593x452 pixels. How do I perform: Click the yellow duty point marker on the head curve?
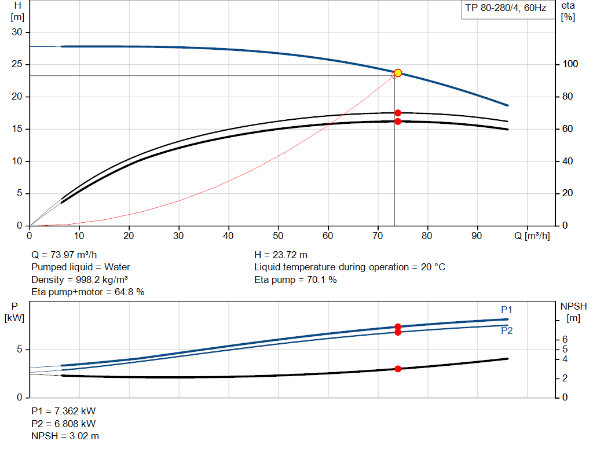[398, 73]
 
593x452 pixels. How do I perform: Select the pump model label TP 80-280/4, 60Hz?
[506, 9]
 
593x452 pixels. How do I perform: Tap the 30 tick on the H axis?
[18, 32]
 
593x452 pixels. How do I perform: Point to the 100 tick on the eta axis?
[569, 64]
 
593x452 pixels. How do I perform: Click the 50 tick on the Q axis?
[279, 236]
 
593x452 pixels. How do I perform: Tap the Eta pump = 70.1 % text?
[295, 280]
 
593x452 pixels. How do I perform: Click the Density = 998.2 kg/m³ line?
[79, 280]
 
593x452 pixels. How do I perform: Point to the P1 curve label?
[507, 310]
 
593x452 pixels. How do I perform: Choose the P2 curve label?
[507, 331]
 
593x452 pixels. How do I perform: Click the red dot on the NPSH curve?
[398, 369]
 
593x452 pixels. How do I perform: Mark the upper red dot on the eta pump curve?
[398, 113]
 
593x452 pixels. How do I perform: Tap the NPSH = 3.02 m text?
[65, 436]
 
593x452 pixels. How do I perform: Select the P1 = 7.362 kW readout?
[63, 411]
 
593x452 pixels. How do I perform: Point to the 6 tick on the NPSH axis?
[564, 339]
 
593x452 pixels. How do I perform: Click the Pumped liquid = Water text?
[80, 267]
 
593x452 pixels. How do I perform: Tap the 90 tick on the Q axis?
[478, 236]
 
